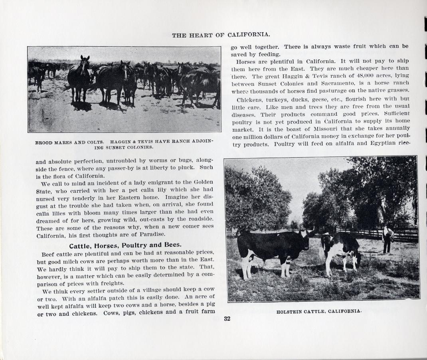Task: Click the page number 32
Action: (x=227, y=318)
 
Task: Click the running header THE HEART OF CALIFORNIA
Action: (x=221, y=35)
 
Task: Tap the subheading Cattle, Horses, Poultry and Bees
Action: (x=125, y=245)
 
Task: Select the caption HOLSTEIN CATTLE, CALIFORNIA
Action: (x=319, y=311)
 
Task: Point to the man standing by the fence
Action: (x=387, y=239)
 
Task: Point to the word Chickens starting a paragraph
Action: (x=250, y=99)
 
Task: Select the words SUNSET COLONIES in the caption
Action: (x=127, y=147)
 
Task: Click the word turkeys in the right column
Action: (x=279, y=99)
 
